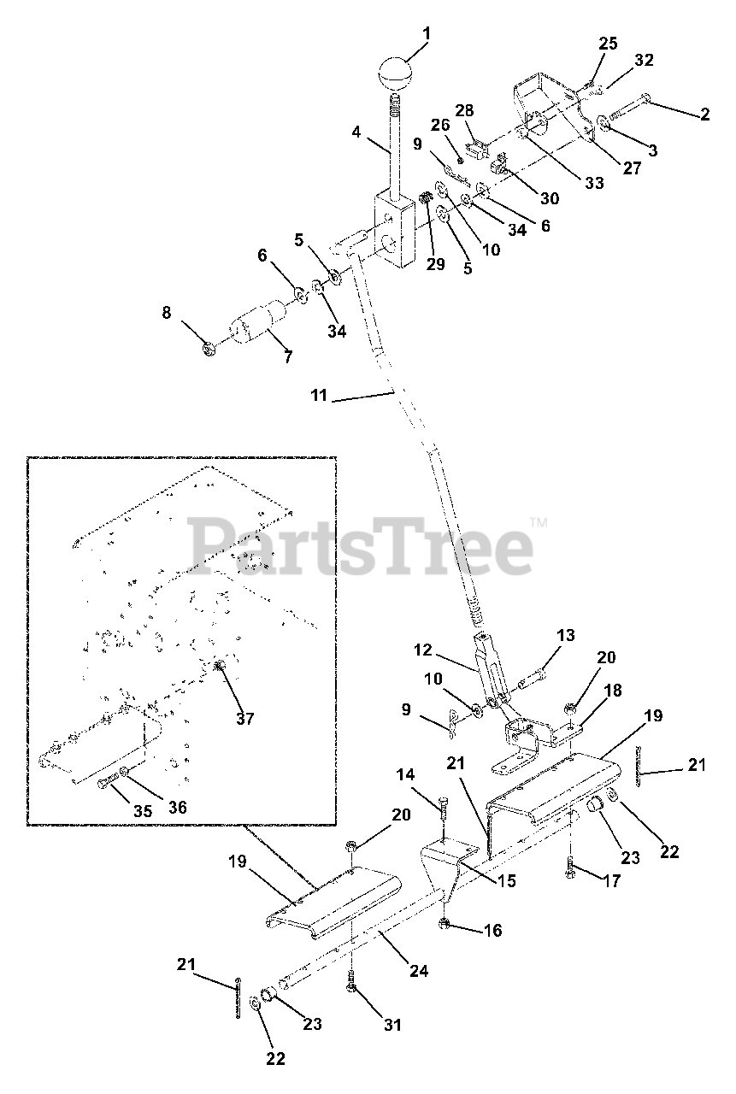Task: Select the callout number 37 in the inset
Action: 246,719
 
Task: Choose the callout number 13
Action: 566,636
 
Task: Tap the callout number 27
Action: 631,168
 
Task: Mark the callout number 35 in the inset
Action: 144,810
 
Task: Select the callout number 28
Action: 464,111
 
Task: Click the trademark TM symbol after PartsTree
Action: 539,521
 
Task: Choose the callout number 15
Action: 507,880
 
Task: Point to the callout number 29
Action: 436,264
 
